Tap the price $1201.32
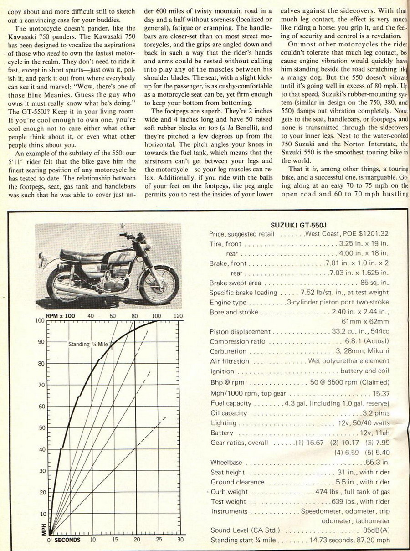click(373, 234)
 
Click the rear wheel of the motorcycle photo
click(65, 284)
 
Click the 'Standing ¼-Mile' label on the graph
click(89, 344)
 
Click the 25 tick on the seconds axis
click(159, 540)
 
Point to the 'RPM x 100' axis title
click(61, 315)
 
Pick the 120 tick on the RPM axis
click(178, 315)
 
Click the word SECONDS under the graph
click(67, 540)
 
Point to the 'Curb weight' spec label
click(229, 492)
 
